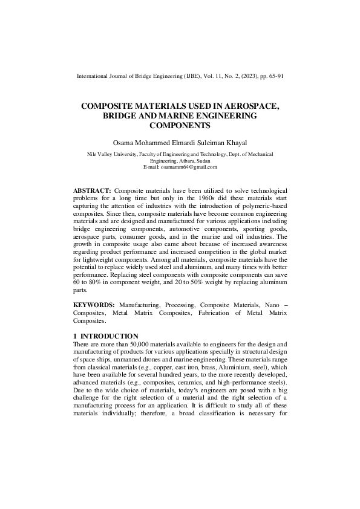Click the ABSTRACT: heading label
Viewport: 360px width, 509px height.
92,190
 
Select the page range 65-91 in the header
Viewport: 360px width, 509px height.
275,77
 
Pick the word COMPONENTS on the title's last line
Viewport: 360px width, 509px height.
180,126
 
